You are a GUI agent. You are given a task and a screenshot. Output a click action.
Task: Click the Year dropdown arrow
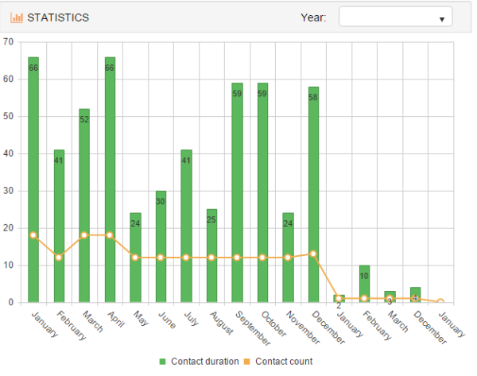coord(442,19)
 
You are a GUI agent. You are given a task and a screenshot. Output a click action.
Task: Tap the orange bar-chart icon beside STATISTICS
coord(17,17)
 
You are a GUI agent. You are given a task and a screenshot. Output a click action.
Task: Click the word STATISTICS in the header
coord(58,17)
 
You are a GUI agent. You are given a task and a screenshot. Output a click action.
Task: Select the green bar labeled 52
coord(84,206)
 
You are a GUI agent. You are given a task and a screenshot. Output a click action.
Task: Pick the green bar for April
coord(110,180)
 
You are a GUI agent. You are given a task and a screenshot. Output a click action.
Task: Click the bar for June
coord(161,246)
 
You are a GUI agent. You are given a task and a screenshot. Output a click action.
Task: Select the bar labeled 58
coord(313,195)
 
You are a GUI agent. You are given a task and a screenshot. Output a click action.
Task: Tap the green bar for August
coord(211,256)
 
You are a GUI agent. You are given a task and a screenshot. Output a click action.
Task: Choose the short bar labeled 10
coord(364,284)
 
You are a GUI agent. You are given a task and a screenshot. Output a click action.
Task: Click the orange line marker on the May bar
coord(135,258)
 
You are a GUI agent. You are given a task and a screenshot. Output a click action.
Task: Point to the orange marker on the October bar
coord(262,258)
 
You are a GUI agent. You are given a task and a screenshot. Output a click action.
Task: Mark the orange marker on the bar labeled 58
coord(313,254)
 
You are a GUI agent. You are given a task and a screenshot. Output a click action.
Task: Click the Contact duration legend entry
coord(200,362)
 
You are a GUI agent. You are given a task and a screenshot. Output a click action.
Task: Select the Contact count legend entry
coord(278,362)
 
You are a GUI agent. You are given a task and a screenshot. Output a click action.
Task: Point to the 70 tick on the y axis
coord(9,41)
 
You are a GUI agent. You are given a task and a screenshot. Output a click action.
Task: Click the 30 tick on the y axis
coord(9,191)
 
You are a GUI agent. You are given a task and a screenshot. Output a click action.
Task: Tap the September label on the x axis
coord(253,328)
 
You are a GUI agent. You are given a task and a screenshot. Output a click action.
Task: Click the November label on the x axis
coord(303,328)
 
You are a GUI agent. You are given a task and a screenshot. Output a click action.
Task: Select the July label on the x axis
coord(192,318)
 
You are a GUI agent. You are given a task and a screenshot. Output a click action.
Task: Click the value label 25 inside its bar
coord(211,219)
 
